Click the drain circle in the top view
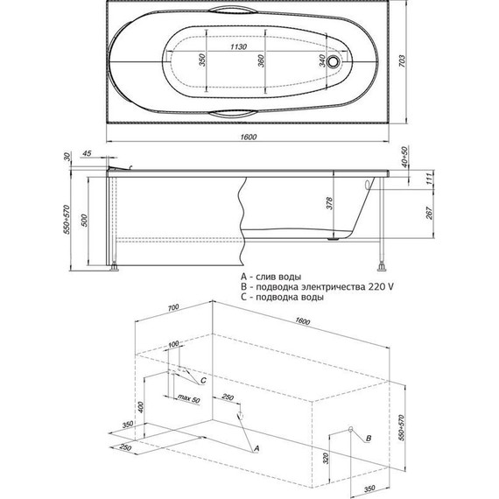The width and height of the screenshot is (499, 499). [333, 60]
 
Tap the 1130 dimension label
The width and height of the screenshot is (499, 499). [238, 46]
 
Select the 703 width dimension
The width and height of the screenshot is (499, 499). [402, 60]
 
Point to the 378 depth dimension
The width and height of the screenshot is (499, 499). [329, 203]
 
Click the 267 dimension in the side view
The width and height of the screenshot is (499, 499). [430, 213]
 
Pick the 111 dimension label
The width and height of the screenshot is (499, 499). [430, 179]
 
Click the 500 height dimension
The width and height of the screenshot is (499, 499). [84, 221]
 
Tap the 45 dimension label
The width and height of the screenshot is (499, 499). [87, 153]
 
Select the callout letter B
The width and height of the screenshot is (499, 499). [369, 439]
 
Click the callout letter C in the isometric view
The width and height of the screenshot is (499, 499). [204, 380]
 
